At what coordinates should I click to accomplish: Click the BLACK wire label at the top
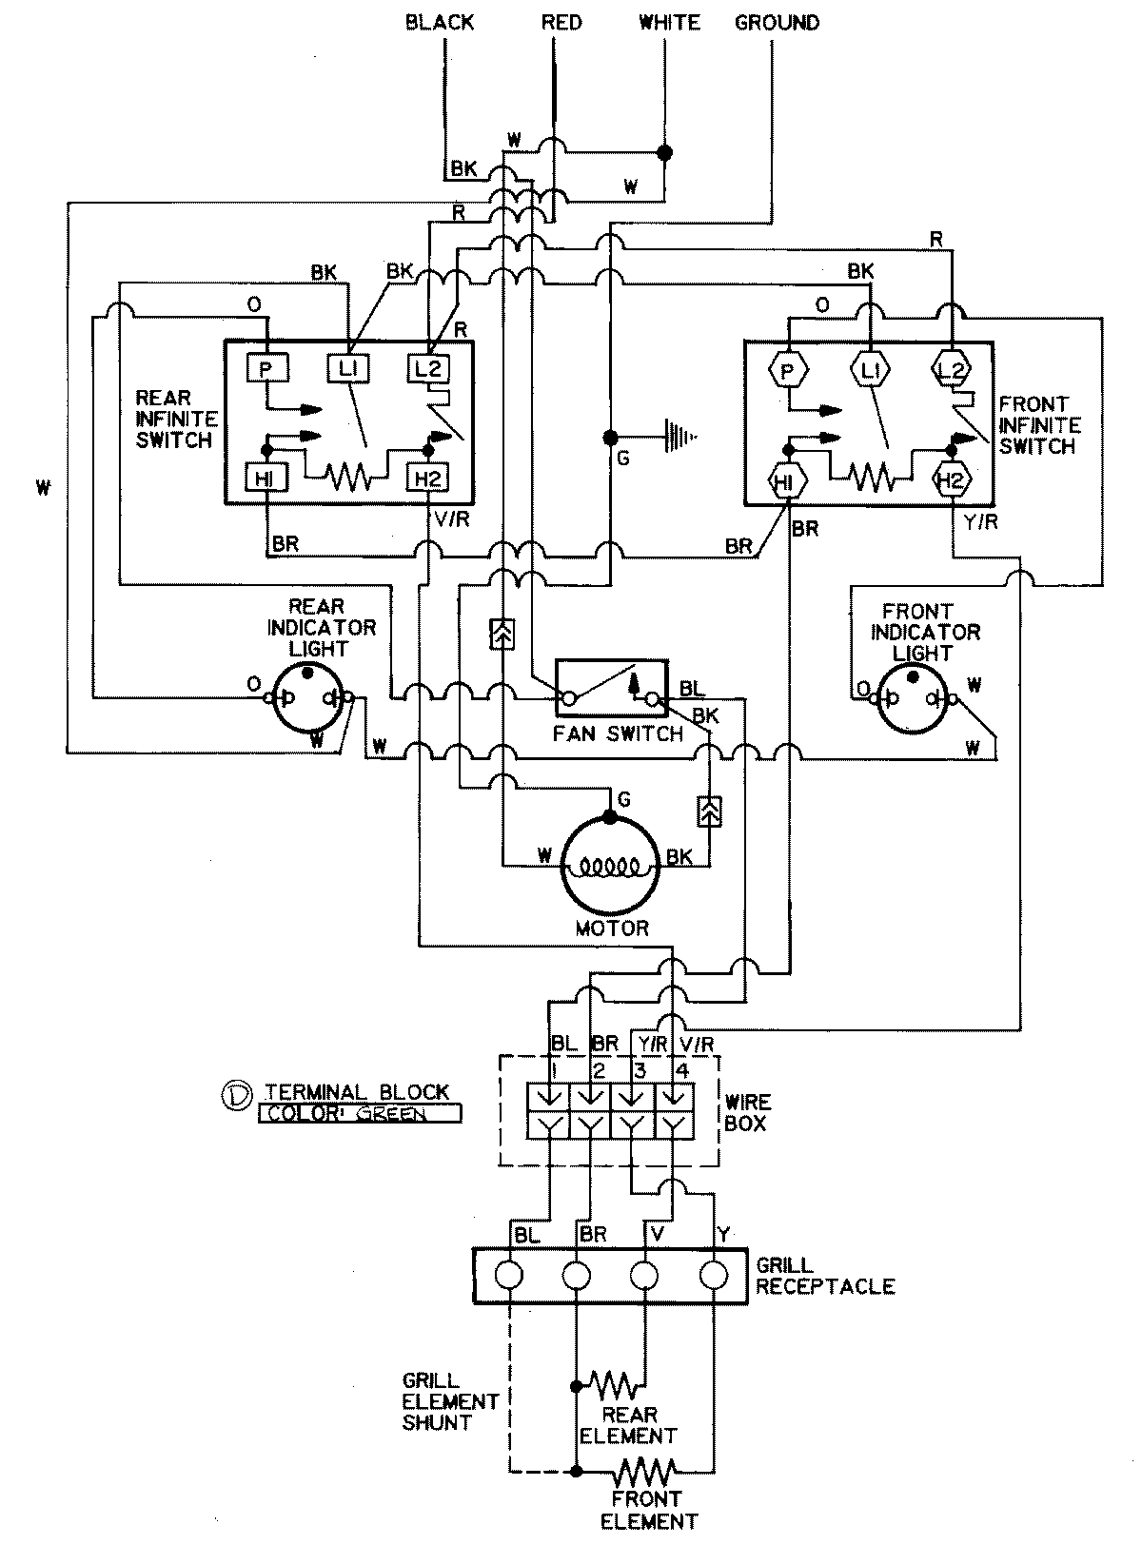coord(439,21)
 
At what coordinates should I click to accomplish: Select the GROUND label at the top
coord(777,21)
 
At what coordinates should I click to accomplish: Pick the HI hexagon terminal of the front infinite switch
coord(786,481)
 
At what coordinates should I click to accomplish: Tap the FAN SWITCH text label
coord(619,733)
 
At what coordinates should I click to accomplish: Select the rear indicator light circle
coord(307,699)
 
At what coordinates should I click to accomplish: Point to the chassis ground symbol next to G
coord(678,437)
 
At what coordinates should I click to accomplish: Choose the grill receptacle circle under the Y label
coord(713,1275)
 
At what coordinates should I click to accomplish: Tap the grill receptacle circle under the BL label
coord(509,1275)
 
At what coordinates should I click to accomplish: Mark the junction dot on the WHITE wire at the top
coord(665,152)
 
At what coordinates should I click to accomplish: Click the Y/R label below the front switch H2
coord(979,521)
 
